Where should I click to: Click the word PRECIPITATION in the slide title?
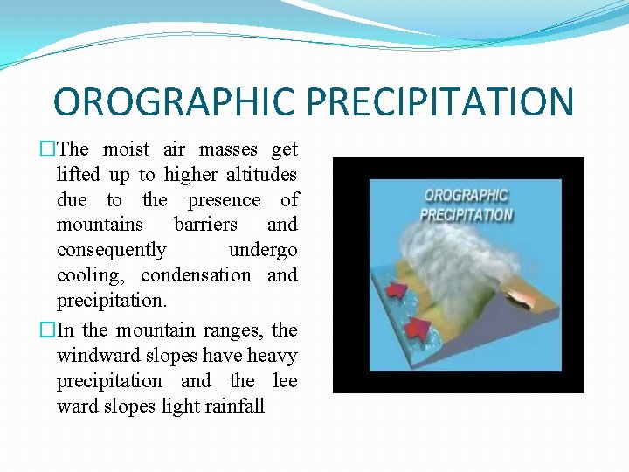(x=440, y=101)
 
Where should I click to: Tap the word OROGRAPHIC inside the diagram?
(x=466, y=195)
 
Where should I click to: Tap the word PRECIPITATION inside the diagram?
(x=467, y=214)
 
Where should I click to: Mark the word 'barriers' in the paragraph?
(x=205, y=225)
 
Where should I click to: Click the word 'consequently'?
(x=111, y=250)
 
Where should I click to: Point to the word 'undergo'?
(x=263, y=250)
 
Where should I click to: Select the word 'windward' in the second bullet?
(x=93, y=356)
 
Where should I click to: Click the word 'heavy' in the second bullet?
(x=272, y=356)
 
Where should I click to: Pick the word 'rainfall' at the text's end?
(x=231, y=406)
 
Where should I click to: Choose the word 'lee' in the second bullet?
(x=286, y=380)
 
